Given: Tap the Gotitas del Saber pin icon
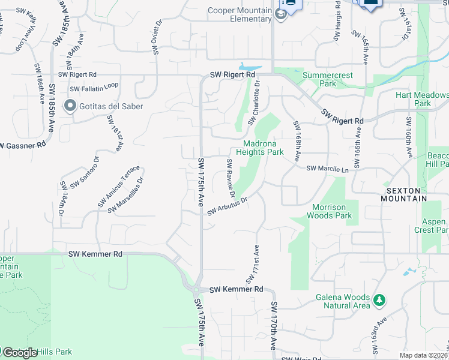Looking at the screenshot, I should click(x=70, y=107).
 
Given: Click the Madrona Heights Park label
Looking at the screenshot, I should click(x=264, y=148).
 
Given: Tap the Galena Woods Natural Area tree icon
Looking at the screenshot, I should click(x=378, y=299).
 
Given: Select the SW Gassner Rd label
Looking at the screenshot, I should click(x=23, y=145).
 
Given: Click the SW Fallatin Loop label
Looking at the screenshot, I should click(x=94, y=88).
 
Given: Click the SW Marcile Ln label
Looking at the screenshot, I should click(x=327, y=169).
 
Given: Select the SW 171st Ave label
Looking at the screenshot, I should click(x=252, y=265).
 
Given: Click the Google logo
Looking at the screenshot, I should click(x=19, y=353).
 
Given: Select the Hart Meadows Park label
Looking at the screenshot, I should click(x=422, y=99).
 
